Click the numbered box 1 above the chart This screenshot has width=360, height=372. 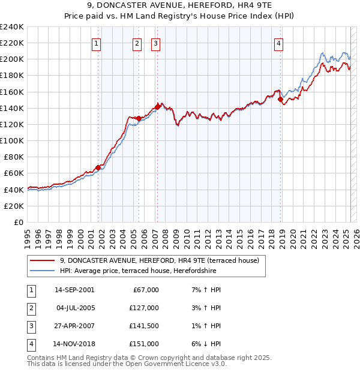(97, 43)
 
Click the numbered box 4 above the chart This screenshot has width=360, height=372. (279, 43)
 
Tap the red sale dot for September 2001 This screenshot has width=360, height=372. (98, 167)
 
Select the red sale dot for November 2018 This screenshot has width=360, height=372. (281, 99)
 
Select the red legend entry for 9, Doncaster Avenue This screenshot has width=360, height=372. (159, 260)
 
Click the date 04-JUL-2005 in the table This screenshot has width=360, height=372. (74, 308)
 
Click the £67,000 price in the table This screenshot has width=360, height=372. (145, 290)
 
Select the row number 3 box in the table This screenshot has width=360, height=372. (31, 326)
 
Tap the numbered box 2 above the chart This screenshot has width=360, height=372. (137, 43)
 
